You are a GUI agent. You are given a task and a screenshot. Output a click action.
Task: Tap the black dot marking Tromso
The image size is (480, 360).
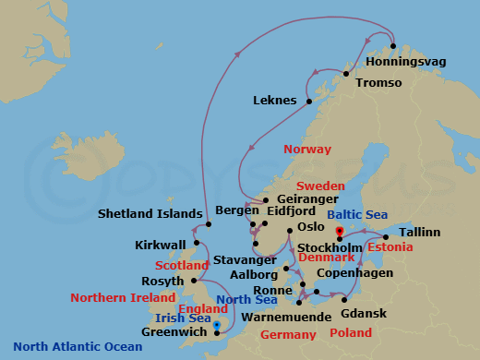coord(348,74)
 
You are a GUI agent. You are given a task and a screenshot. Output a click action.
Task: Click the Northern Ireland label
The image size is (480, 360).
coord(123,298)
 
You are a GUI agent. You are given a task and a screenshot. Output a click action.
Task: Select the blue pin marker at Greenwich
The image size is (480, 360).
coord(217,324)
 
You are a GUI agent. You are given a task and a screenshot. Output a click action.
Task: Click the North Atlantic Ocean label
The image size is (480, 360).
coord(78,347)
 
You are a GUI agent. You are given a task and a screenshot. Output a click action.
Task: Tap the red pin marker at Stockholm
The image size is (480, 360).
coord(340,232)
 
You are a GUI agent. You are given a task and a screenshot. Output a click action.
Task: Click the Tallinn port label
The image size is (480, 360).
coord(420,231)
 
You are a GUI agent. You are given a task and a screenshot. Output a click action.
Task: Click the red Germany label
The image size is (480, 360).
coord(289,334)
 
